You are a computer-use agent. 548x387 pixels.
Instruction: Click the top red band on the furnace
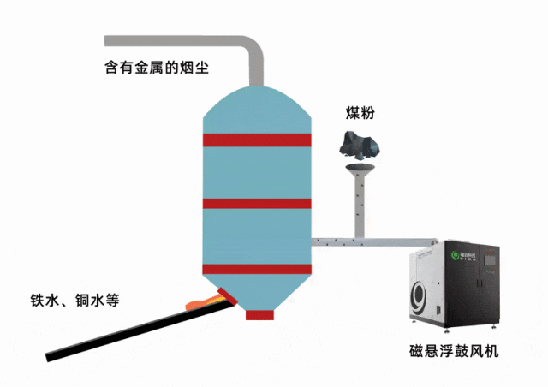pyautogui.click(x=256, y=140)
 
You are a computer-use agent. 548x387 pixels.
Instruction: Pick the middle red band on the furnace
pyautogui.click(x=256, y=203)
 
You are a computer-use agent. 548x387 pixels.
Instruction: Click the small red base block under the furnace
pyautogui.click(x=259, y=314)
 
